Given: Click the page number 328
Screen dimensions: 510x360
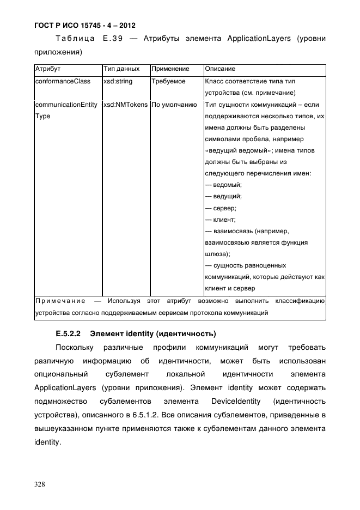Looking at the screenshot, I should [40, 484].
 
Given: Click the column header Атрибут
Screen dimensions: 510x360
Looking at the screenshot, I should [47, 69].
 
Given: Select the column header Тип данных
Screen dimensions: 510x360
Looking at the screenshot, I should [121, 69].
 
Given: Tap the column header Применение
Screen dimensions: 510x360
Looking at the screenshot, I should [170, 69].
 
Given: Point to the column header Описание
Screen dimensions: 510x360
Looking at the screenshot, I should [220, 69].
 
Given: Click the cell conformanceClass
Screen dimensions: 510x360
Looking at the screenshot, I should [62, 81].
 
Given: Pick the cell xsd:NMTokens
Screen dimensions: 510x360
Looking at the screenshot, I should [125, 105].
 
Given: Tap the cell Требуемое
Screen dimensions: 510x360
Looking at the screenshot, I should [168, 81].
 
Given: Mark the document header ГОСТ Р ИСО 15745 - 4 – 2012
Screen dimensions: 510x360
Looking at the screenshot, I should [85, 25].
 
